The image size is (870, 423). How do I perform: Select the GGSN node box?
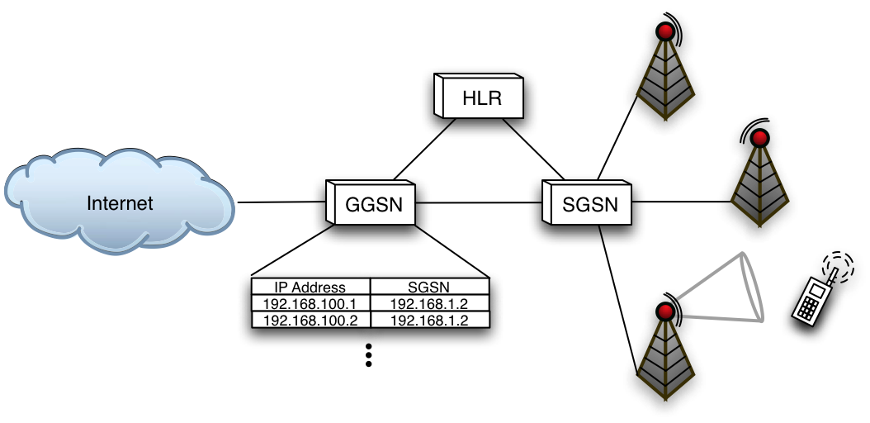coord(374,204)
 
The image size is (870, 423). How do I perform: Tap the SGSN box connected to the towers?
coord(589,203)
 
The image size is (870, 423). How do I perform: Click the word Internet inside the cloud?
coord(121,203)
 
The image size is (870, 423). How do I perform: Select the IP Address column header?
coord(310,288)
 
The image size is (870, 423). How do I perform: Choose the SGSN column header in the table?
coord(429,288)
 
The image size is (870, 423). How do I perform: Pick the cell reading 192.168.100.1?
coord(310,303)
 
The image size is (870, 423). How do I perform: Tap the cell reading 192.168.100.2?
coord(310,320)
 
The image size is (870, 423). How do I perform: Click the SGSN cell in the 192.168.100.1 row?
coord(429,303)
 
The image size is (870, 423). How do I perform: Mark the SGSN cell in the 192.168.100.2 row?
coord(429,320)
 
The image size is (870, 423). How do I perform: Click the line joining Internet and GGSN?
coord(281,202)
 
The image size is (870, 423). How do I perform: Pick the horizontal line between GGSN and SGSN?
coord(479,202)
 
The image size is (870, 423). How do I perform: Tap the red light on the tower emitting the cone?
coord(665,312)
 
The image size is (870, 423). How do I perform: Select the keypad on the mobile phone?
coord(806,304)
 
